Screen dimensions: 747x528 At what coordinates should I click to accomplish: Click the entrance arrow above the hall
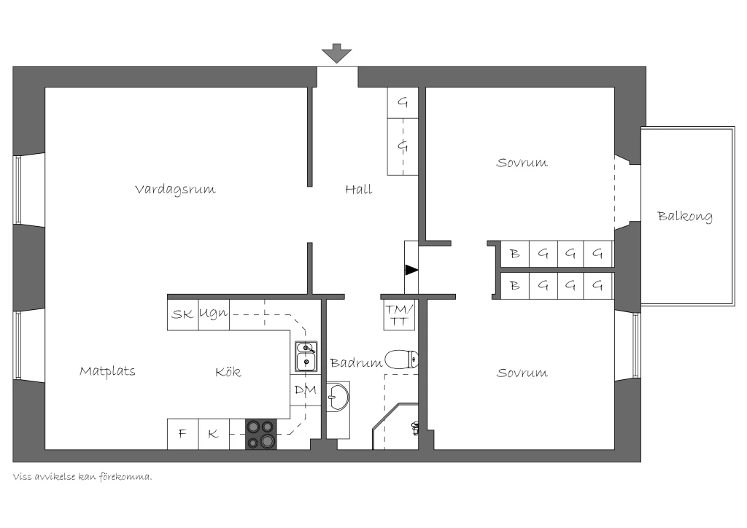click(336, 53)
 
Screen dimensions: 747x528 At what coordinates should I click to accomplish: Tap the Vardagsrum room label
click(175, 190)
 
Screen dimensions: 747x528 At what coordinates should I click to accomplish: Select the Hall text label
click(359, 190)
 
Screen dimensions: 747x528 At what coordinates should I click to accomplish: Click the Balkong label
click(685, 217)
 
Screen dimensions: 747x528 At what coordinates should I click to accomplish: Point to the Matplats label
click(107, 371)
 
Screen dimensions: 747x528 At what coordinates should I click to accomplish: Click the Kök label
click(228, 371)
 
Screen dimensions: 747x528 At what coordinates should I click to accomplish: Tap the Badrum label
click(356, 362)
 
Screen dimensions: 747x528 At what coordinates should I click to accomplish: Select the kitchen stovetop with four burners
click(260, 434)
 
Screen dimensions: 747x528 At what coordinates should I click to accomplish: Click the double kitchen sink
click(306, 357)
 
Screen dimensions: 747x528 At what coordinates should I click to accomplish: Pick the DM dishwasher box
click(306, 390)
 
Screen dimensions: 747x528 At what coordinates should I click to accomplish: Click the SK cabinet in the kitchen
click(182, 314)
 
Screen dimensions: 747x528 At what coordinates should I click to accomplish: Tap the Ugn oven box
click(214, 314)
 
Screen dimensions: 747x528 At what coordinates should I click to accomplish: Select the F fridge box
click(182, 434)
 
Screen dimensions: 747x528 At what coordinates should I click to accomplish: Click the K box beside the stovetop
click(214, 434)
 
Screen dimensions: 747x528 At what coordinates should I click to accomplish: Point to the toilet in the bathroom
click(402, 360)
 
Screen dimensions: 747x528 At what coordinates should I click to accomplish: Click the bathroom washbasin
click(338, 397)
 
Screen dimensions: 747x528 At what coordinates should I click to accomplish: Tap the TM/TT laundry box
click(399, 315)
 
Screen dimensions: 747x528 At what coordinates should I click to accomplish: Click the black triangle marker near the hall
click(411, 270)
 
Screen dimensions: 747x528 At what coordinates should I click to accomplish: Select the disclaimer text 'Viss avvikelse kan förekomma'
click(82, 476)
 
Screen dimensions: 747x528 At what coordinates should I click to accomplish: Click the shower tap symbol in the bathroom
click(415, 429)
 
